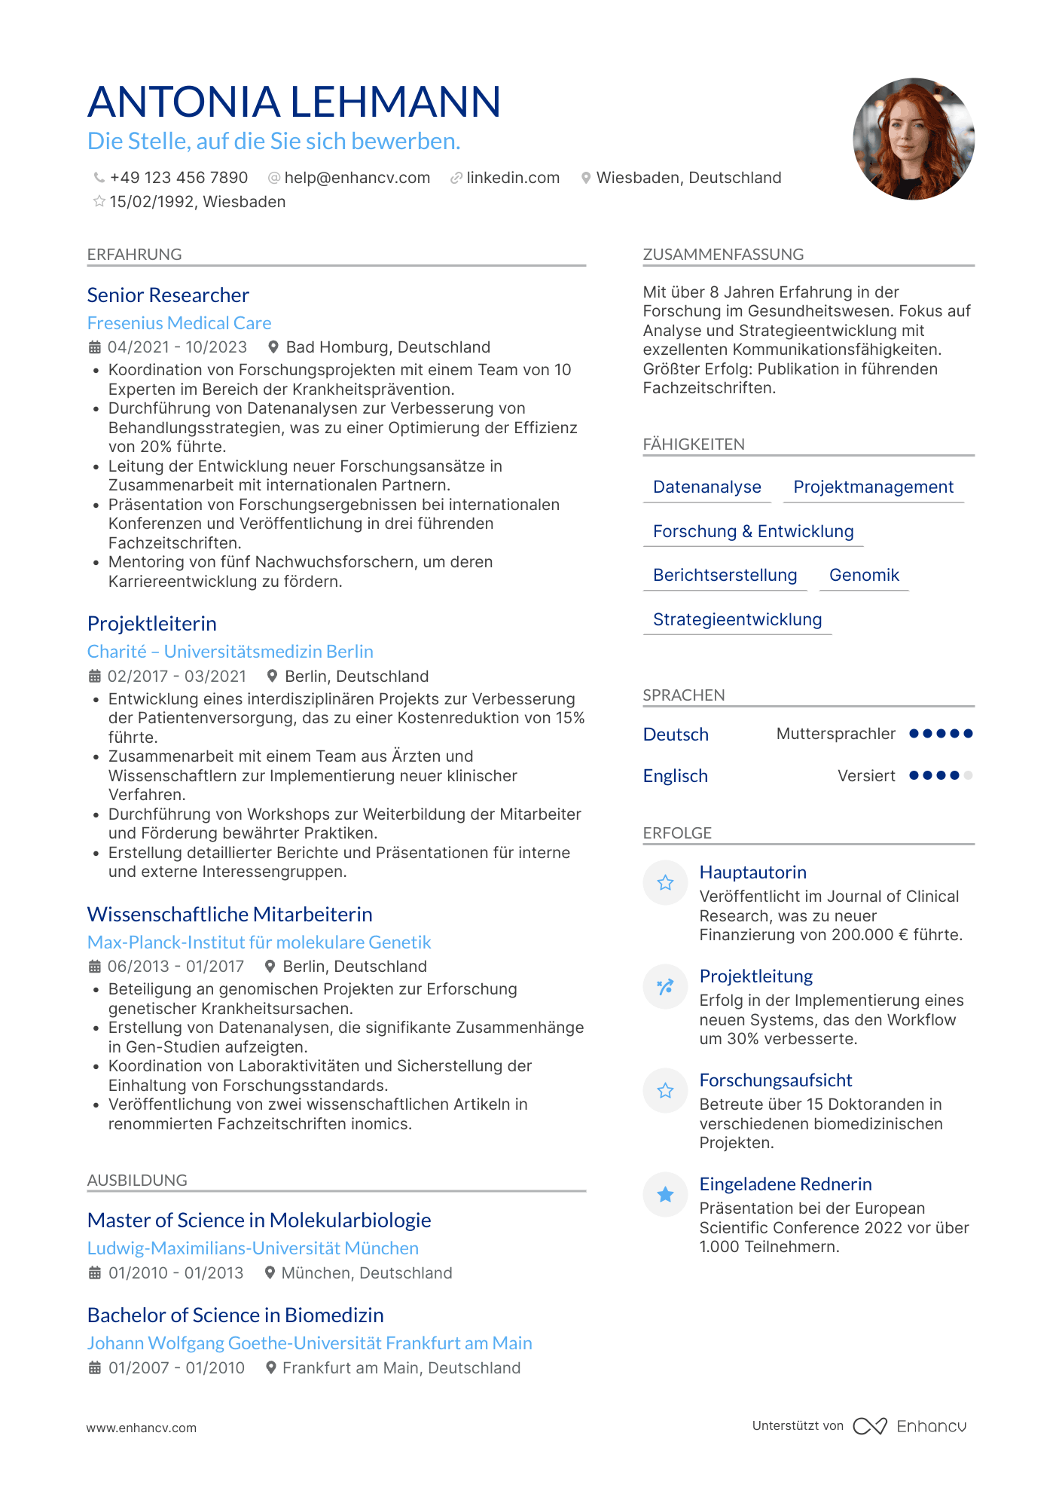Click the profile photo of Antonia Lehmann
coord(913,139)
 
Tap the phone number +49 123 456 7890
coord(179,178)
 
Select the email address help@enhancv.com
coord(357,178)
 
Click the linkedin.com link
coord(513,178)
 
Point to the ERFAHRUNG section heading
coord(135,255)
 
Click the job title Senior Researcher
coord(168,295)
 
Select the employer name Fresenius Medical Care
coord(179,323)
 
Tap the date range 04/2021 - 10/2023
coord(177,347)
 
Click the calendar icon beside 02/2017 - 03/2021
coord(95,677)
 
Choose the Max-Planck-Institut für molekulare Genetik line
coord(259,942)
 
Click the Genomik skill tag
coord(864,576)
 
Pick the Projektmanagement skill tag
coord(873,487)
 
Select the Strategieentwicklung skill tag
coord(737,620)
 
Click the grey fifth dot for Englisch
coord(968,775)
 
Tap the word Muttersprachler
coord(836,734)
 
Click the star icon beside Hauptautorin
coord(665,883)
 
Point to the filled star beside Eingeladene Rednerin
coord(665,1194)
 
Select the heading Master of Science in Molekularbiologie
coord(259,1220)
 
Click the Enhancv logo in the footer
coord(910,1426)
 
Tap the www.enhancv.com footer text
coord(142,1428)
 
